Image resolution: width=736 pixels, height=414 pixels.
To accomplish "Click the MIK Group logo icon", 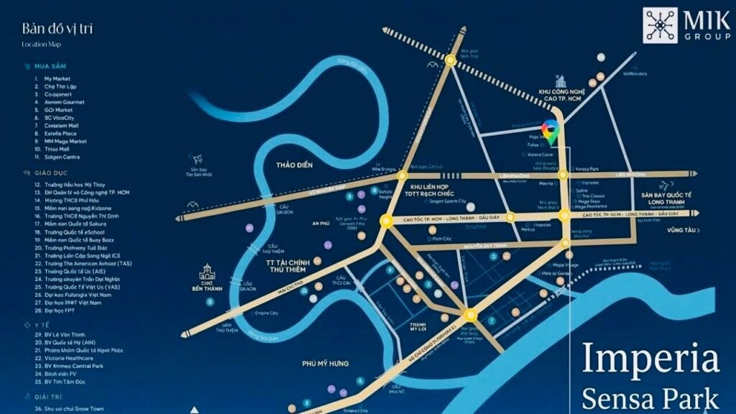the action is (x=660, y=25).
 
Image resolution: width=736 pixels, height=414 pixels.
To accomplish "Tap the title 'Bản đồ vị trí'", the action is (x=57, y=29).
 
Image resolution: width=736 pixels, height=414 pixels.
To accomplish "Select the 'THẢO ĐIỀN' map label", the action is (x=295, y=166).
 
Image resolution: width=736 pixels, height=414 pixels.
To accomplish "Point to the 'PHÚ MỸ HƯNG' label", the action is (x=326, y=364).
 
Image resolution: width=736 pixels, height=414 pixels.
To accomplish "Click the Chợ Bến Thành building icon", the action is (x=208, y=273).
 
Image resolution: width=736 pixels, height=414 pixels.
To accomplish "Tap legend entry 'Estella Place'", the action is (x=60, y=133).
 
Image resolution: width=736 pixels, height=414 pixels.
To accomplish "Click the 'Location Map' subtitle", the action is (x=41, y=45).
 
